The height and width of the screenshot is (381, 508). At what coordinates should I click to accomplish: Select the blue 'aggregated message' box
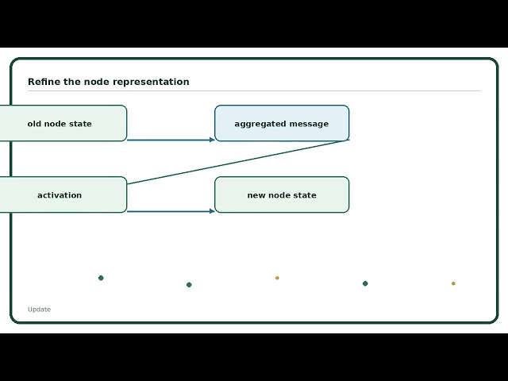tap(282, 123)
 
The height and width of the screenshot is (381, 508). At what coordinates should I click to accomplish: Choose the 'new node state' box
tap(282, 194)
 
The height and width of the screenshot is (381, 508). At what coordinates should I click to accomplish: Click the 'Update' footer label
tap(39, 310)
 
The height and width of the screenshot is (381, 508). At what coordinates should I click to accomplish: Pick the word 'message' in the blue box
tap(309, 124)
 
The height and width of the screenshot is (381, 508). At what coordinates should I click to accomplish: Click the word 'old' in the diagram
tap(34, 124)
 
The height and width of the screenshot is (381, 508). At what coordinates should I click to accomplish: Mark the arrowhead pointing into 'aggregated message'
tap(212, 140)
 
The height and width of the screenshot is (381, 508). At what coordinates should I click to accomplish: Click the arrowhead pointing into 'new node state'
tap(212, 211)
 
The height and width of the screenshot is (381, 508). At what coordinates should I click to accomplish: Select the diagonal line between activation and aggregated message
tap(238, 162)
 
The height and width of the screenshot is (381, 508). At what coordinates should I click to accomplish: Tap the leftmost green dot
tap(101, 278)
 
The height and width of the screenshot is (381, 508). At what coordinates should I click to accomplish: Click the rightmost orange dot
tap(453, 283)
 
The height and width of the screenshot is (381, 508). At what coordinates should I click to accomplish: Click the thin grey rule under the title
tap(254, 91)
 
